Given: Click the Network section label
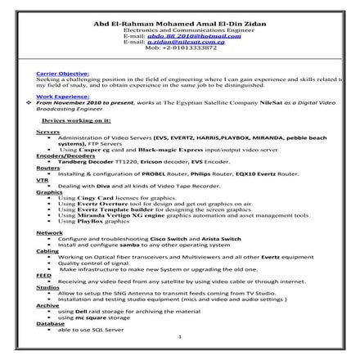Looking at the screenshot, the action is tap(49, 232).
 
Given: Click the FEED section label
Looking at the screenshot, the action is tap(43, 276).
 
